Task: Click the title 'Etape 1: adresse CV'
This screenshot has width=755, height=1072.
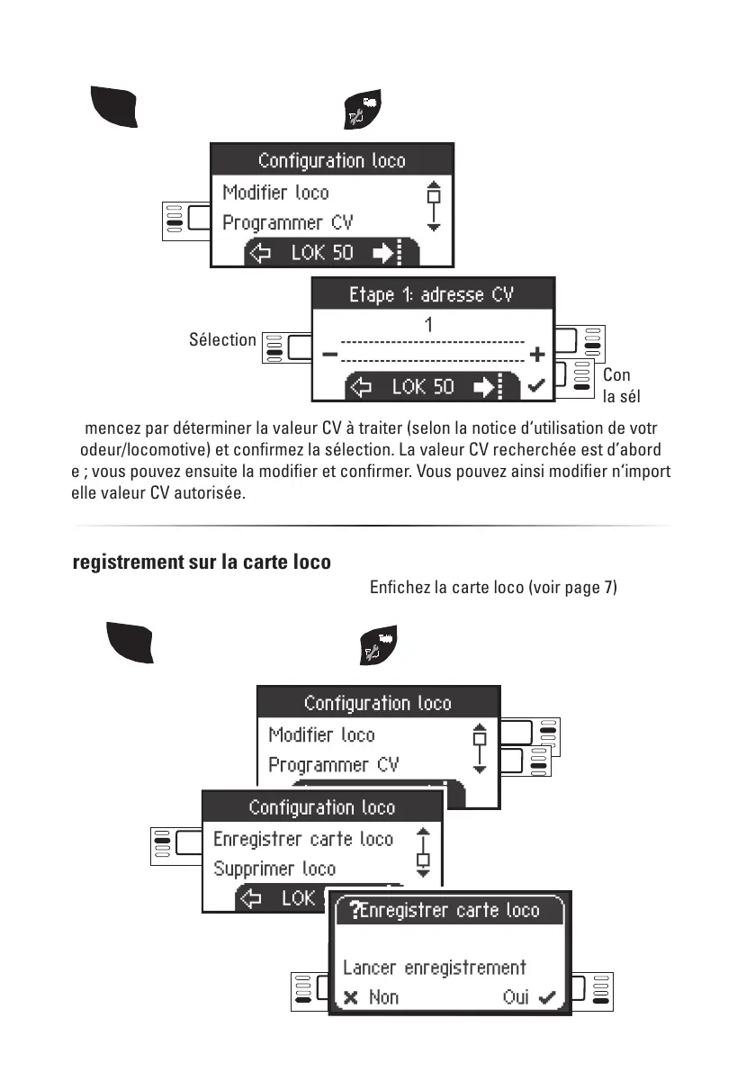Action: click(x=431, y=294)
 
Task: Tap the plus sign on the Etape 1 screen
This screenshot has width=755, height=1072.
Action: click(x=537, y=355)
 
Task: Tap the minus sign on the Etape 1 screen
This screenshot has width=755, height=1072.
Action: click(x=329, y=355)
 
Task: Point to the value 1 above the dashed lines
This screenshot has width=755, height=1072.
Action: click(x=428, y=325)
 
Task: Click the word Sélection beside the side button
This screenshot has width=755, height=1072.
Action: click(x=222, y=339)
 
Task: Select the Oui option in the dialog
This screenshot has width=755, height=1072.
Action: click(x=517, y=997)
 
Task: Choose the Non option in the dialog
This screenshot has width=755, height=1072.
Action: click(x=383, y=997)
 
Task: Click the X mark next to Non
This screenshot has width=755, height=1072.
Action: click(x=351, y=997)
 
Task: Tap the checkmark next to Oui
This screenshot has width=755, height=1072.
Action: click(x=546, y=997)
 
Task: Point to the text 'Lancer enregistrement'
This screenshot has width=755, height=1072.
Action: click(x=434, y=968)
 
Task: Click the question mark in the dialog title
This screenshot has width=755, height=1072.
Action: click(x=355, y=911)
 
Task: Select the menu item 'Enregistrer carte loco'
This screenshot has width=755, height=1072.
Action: click(x=303, y=839)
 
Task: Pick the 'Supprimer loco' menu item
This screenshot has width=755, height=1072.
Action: click(x=274, y=869)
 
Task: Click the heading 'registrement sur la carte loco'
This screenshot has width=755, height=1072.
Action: click(x=202, y=563)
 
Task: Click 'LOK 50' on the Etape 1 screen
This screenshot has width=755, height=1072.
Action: click(x=423, y=387)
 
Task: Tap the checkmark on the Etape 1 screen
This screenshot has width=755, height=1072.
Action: click(x=537, y=386)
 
